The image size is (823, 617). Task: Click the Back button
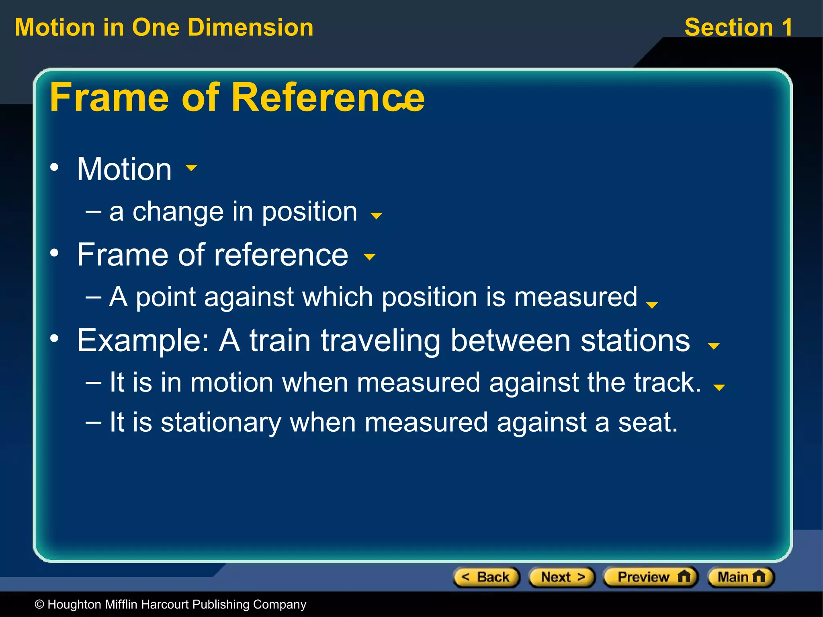coord(486,577)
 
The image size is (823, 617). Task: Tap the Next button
coord(562,577)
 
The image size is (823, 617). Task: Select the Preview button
coord(651,577)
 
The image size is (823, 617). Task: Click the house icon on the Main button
coord(759,577)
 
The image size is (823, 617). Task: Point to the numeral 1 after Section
coord(787,27)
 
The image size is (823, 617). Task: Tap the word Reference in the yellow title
coord(328,97)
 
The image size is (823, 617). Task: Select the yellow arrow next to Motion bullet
coord(191,168)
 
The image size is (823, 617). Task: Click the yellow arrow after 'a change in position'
coord(376,216)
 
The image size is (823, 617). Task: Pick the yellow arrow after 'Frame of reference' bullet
coord(369,256)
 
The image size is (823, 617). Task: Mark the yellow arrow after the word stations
coord(714,346)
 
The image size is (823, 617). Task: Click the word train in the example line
coord(280,341)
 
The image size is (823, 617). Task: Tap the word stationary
coord(221,422)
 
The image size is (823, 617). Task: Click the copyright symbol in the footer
coord(39,605)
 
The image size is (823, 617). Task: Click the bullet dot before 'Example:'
coord(55,338)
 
